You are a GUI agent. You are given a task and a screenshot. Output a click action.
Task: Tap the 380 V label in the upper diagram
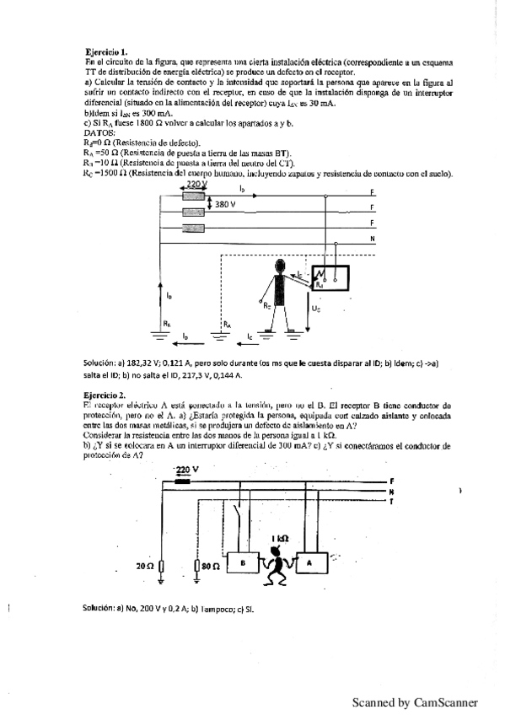[x=225, y=205]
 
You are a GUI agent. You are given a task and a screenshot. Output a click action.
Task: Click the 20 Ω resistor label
[x=145, y=566]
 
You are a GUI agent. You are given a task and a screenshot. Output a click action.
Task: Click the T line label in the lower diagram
[x=392, y=501]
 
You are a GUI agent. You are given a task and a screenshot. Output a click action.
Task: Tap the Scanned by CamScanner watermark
[x=415, y=702]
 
